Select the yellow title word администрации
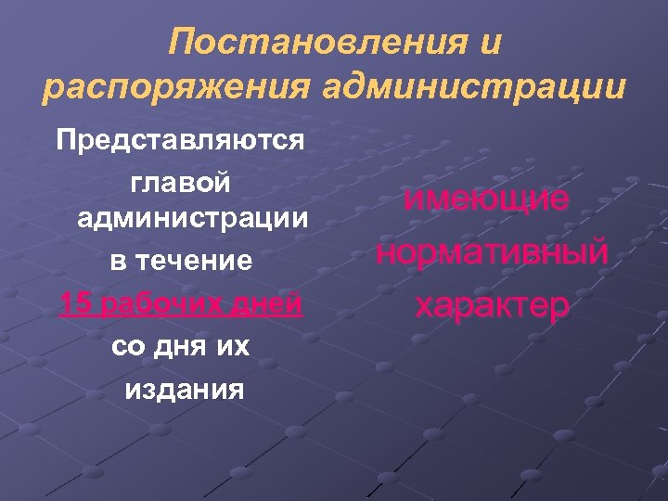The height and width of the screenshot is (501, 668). (474, 88)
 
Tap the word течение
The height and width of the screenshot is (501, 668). (194, 262)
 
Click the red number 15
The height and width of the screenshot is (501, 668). (73, 303)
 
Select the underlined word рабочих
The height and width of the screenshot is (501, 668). (149, 303)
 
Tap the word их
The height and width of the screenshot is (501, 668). (236, 345)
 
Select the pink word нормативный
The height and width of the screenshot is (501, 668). (493, 251)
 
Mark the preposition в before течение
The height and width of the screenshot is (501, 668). (118, 262)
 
